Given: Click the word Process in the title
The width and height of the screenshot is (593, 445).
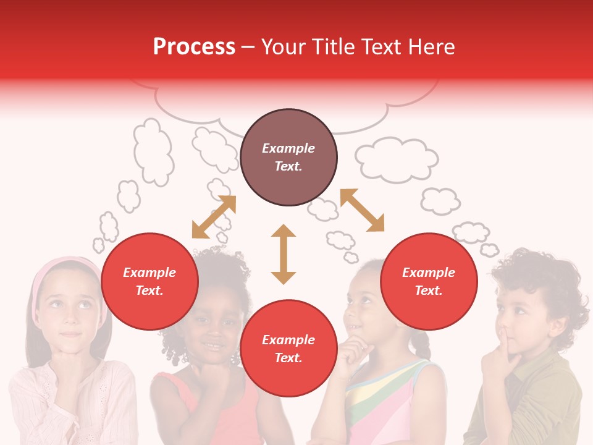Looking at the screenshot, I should (x=194, y=47).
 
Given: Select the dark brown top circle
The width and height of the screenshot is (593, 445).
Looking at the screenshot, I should (x=288, y=158).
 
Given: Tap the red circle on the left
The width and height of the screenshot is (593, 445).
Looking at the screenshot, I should (x=149, y=282).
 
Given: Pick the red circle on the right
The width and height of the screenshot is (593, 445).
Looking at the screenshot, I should (x=429, y=282).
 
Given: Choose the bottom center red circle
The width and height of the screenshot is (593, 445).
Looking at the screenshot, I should (x=288, y=349).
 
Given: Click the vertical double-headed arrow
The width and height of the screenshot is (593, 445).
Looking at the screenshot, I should (x=284, y=254).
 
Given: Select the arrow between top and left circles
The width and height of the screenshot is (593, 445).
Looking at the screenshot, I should (x=214, y=217).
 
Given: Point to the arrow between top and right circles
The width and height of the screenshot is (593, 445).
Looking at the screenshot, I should (x=362, y=210).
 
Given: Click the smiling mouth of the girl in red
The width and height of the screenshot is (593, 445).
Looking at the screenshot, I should (x=213, y=344).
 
